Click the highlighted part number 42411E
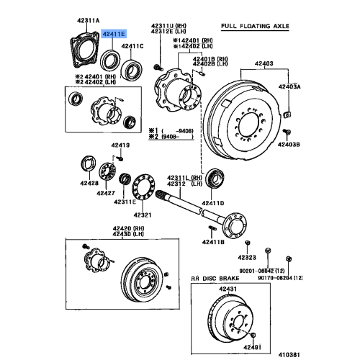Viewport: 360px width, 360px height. [x=113, y=34]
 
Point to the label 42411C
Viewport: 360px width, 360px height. [x=133, y=46]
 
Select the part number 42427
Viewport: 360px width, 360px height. [x=107, y=194]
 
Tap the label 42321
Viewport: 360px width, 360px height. [x=143, y=215]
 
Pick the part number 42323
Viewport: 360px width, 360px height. [x=248, y=257]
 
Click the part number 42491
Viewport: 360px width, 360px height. [x=251, y=347]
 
